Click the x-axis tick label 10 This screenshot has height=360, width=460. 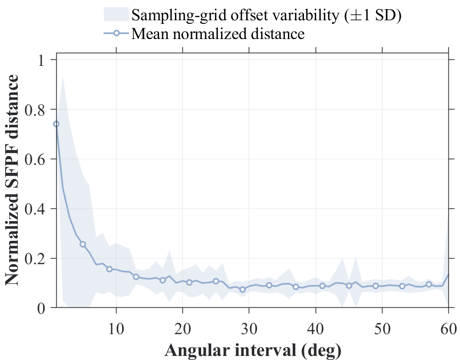(116, 329)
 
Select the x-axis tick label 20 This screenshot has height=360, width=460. (182, 329)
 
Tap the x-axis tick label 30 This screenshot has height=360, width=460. (249, 329)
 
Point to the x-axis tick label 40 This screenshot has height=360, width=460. (316, 329)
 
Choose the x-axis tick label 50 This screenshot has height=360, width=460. (382, 329)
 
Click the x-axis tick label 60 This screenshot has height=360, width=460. (448, 329)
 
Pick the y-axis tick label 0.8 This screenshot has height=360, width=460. (34, 111)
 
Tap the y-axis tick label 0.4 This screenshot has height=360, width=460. (34, 209)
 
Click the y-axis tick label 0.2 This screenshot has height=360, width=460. (34, 259)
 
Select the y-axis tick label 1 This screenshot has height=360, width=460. (41, 60)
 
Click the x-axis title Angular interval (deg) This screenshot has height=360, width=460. (253, 350)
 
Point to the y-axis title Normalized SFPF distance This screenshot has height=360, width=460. (12, 179)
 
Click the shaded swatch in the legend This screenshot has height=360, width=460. (116, 14)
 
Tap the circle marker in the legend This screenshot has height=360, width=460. (116, 33)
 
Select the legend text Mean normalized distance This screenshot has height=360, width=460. (218, 33)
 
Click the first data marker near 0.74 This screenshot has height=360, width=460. (56, 124)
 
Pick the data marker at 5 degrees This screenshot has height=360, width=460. (83, 244)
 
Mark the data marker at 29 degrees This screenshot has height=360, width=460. (242, 290)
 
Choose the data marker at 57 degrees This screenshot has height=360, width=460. (429, 284)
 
